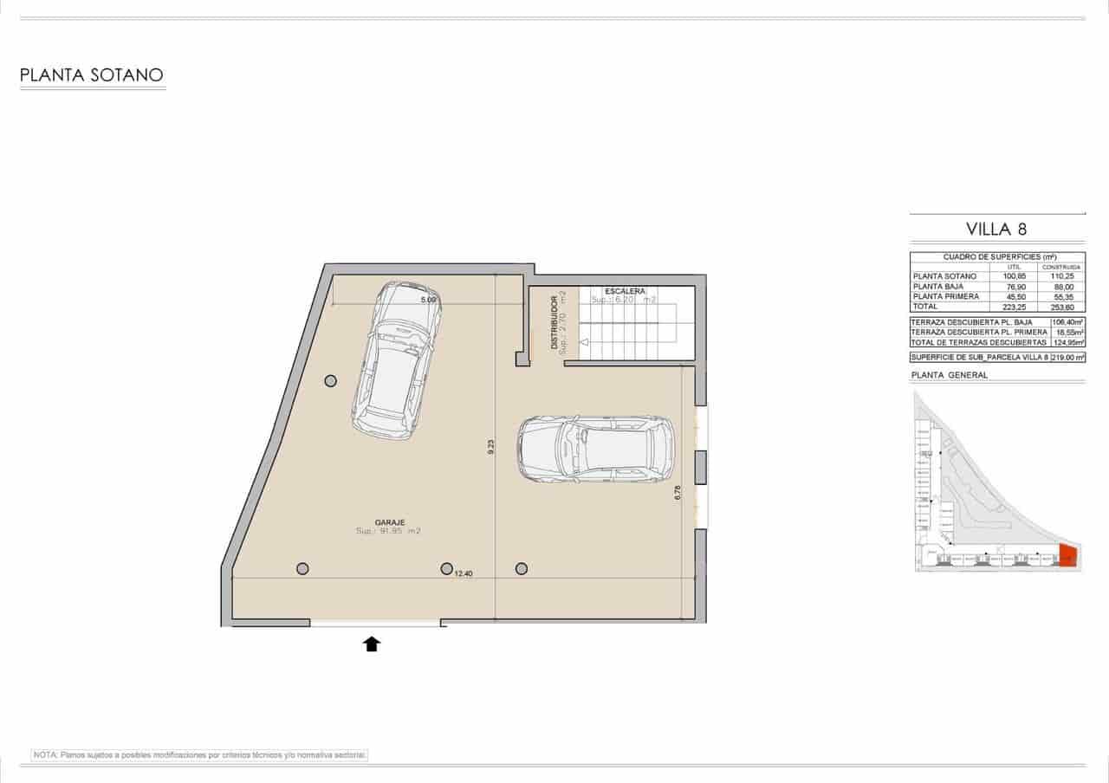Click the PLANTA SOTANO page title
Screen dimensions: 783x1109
[x=92, y=75]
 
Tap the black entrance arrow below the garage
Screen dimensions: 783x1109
[x=372, y=644]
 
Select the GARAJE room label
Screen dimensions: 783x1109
[x=386, y=522]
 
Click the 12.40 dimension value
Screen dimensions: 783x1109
[x=464, y=573]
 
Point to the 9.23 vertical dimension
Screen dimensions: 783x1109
[x=491, y=447]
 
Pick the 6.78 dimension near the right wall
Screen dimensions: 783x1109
[x=678, y=493]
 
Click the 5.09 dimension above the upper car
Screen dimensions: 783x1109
[x=427, y=300]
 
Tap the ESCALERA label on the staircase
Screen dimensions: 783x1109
[x=624, y=291]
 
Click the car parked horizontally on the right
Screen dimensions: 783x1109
[x=595, y=449]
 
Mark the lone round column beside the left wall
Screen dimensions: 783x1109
[x=330, y=380]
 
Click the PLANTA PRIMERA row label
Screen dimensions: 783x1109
[x=946, y=296]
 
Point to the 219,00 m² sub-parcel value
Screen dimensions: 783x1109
[x=1067, y=357]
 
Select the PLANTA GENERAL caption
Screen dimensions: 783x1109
[x=950, y=375]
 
